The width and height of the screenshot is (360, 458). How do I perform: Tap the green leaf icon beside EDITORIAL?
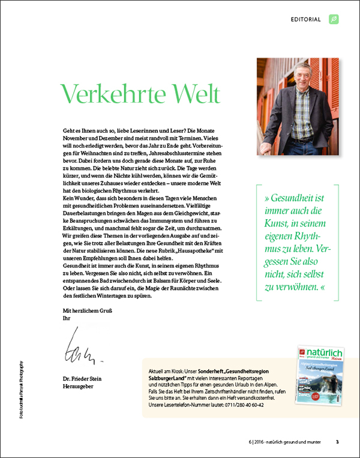334,19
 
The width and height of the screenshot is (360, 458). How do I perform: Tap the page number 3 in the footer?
337,442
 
